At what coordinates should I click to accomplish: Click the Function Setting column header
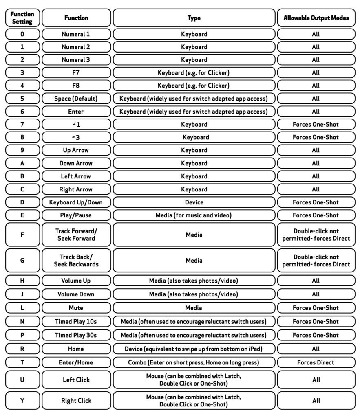22,18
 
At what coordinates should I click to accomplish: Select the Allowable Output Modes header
316,18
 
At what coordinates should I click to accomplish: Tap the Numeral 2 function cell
76,47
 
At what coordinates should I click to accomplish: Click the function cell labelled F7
76,73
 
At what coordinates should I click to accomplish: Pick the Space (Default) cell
76,99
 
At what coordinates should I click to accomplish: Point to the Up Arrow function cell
76,150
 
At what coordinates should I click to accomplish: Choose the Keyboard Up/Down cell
76,202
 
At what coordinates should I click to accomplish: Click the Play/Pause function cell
76,215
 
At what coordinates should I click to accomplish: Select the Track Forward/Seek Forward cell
76,235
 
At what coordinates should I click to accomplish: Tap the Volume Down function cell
76,294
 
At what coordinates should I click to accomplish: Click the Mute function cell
76,308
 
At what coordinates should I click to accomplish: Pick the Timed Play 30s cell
76,335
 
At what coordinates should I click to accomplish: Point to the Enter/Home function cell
76,362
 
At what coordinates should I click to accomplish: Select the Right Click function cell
76,400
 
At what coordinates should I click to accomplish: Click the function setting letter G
22,260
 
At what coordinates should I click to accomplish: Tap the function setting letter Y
22,400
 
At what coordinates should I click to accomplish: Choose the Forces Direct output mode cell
316,362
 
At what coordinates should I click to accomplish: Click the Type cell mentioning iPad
194,349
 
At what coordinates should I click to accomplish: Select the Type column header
194,18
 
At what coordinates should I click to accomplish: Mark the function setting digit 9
22,150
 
